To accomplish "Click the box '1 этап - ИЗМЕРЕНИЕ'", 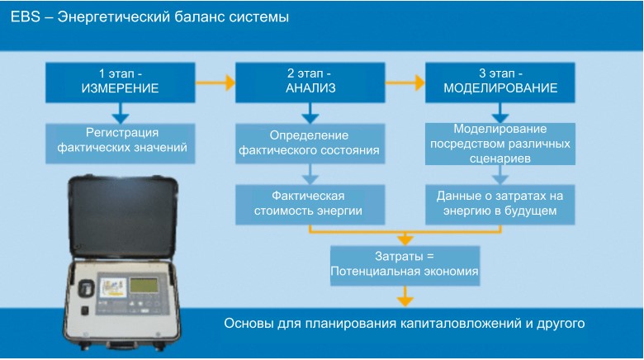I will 121,81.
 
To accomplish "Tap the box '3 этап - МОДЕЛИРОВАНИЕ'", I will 500,81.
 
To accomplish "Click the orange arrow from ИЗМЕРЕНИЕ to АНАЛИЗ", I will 216,82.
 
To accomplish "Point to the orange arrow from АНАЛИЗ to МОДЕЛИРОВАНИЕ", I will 405,82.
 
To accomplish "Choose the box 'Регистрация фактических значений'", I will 121,141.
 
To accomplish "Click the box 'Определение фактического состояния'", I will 309,143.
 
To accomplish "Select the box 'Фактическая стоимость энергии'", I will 307,204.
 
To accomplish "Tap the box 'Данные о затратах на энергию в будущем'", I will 500,204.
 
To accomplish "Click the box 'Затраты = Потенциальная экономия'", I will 405,264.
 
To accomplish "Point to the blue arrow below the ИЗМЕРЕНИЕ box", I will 121,111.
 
